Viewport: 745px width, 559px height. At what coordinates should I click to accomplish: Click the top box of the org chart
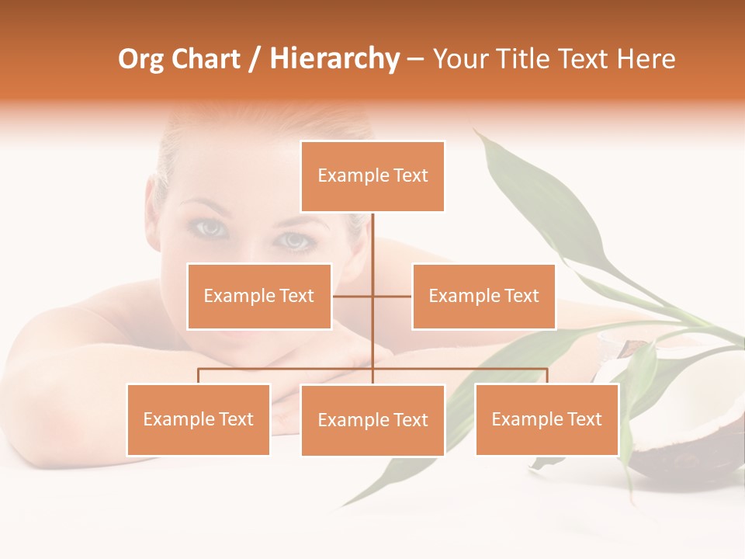coord(372,176)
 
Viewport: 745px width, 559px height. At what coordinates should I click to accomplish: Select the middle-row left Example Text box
coord(259,296)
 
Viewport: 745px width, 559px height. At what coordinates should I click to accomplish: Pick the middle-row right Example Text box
coord(483,296)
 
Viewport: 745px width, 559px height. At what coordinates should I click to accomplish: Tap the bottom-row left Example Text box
coord(199,419)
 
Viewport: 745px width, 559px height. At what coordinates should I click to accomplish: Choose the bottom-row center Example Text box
coord(372,420)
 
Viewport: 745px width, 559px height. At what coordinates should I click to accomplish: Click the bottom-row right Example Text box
coord(546,419)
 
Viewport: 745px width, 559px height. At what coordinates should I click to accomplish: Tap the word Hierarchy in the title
coord(334,60)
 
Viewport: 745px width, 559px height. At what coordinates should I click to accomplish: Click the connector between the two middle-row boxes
coord(372,296)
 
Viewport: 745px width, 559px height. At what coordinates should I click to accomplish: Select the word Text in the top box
coord(410,175)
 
